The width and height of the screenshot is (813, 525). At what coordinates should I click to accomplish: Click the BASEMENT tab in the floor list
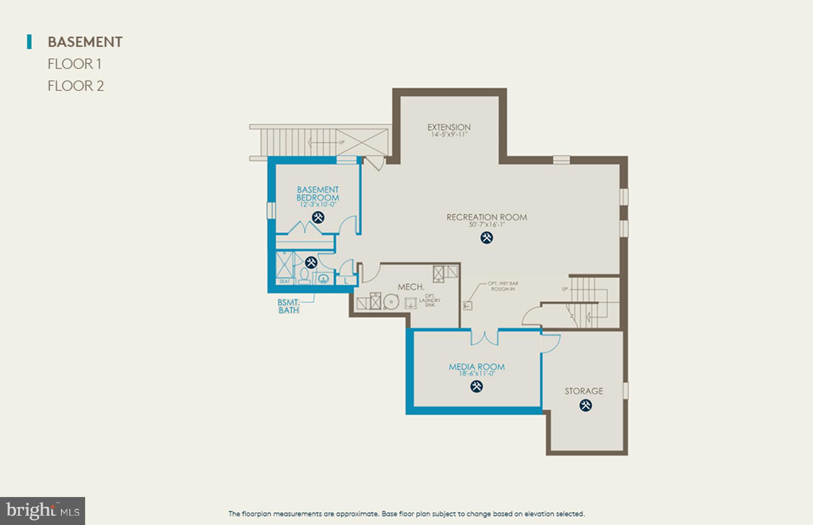pos(85,42)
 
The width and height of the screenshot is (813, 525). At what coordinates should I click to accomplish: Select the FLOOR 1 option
pos(74,64)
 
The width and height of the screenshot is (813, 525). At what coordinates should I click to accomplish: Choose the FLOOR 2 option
pos(75,86)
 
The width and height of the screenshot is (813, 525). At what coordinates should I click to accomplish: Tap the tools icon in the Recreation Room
pos(487,238)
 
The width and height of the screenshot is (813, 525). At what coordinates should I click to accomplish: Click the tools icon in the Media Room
pos(476,386)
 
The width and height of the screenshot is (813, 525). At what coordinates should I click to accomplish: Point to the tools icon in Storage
pos(586,406)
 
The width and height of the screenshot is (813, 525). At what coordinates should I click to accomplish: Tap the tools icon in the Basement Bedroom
pos(318,218)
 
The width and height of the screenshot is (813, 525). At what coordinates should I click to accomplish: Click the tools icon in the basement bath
pos(311,262)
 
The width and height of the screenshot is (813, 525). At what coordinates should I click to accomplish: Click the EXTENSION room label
pos(449,127)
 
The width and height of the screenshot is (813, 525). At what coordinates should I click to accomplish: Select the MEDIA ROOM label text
pos(477,367)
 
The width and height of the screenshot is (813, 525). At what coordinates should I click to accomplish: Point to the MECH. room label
pos(411,287)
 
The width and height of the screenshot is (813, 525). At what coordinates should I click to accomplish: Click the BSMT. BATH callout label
pos(289,306)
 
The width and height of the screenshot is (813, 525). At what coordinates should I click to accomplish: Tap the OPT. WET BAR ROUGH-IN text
pos(503,286)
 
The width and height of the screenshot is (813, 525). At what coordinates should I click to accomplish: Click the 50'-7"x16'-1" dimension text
pos(487,225)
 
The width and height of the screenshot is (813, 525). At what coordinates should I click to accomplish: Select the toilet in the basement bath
pos(304,276)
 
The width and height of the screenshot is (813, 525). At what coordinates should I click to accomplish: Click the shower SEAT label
pos(285,281)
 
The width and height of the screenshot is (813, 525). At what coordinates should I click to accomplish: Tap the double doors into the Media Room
pos(485,337)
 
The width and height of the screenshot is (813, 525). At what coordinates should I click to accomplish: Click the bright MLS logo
pos(42,511)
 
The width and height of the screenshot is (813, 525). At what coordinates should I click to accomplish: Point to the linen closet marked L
pos(346,280)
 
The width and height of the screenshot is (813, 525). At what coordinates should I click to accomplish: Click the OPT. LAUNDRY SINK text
pos(429,300)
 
